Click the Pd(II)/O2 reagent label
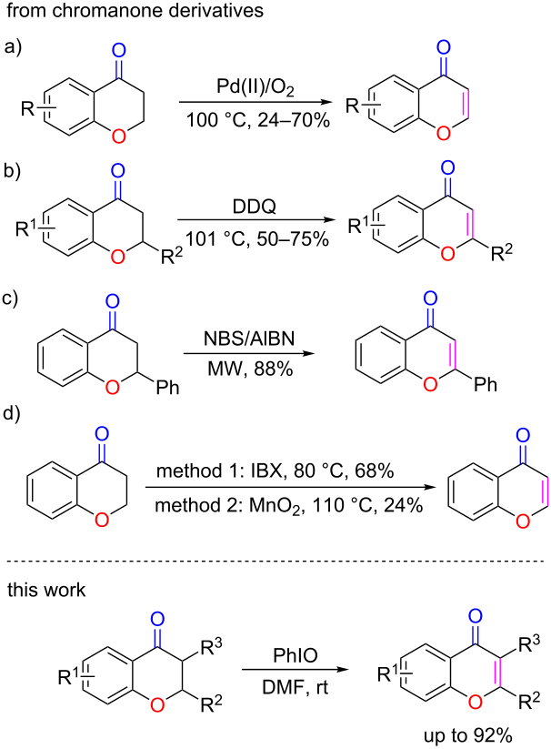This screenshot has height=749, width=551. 255,88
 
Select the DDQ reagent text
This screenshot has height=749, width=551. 255,207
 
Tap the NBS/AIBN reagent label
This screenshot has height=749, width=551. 249,339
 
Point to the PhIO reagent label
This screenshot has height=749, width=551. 296,656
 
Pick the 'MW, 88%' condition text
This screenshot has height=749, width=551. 250,369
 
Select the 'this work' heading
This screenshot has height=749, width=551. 46,590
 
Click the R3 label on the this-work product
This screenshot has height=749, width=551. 529,645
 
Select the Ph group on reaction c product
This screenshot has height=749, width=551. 486,384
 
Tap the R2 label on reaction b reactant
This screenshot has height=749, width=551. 171,257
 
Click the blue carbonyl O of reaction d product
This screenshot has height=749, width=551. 524,434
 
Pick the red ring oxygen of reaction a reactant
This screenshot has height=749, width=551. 118,137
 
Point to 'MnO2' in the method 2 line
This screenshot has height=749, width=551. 276,505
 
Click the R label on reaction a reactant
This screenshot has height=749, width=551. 27,109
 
